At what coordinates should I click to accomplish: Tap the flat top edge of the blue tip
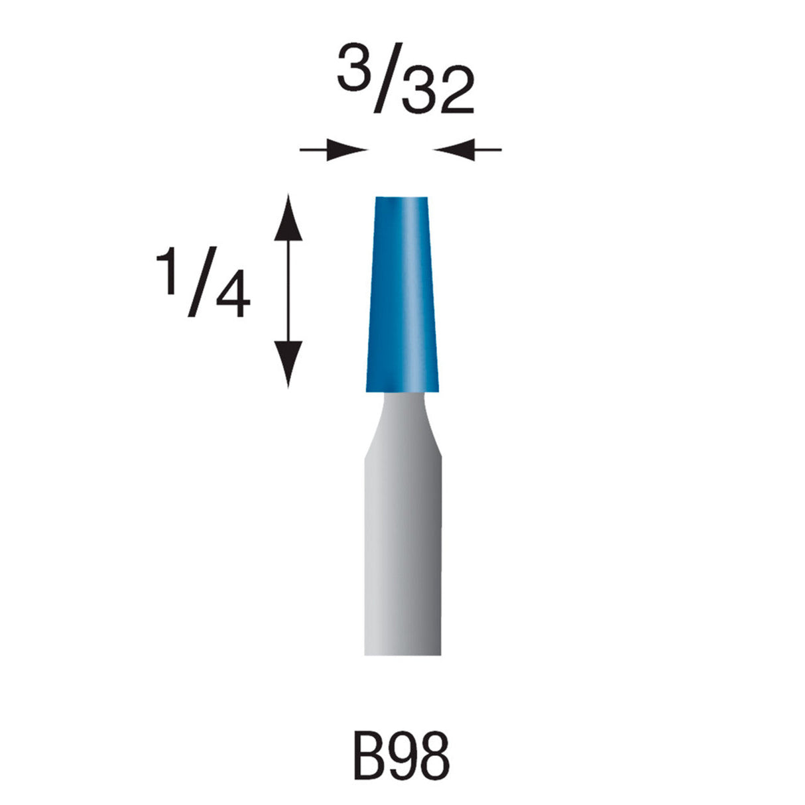(x=401, y=198)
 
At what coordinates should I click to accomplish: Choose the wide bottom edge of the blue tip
(x=402, y=390)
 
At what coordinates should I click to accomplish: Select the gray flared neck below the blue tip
(x=402, y=424)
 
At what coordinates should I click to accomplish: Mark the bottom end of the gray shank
(x=402, y=654)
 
